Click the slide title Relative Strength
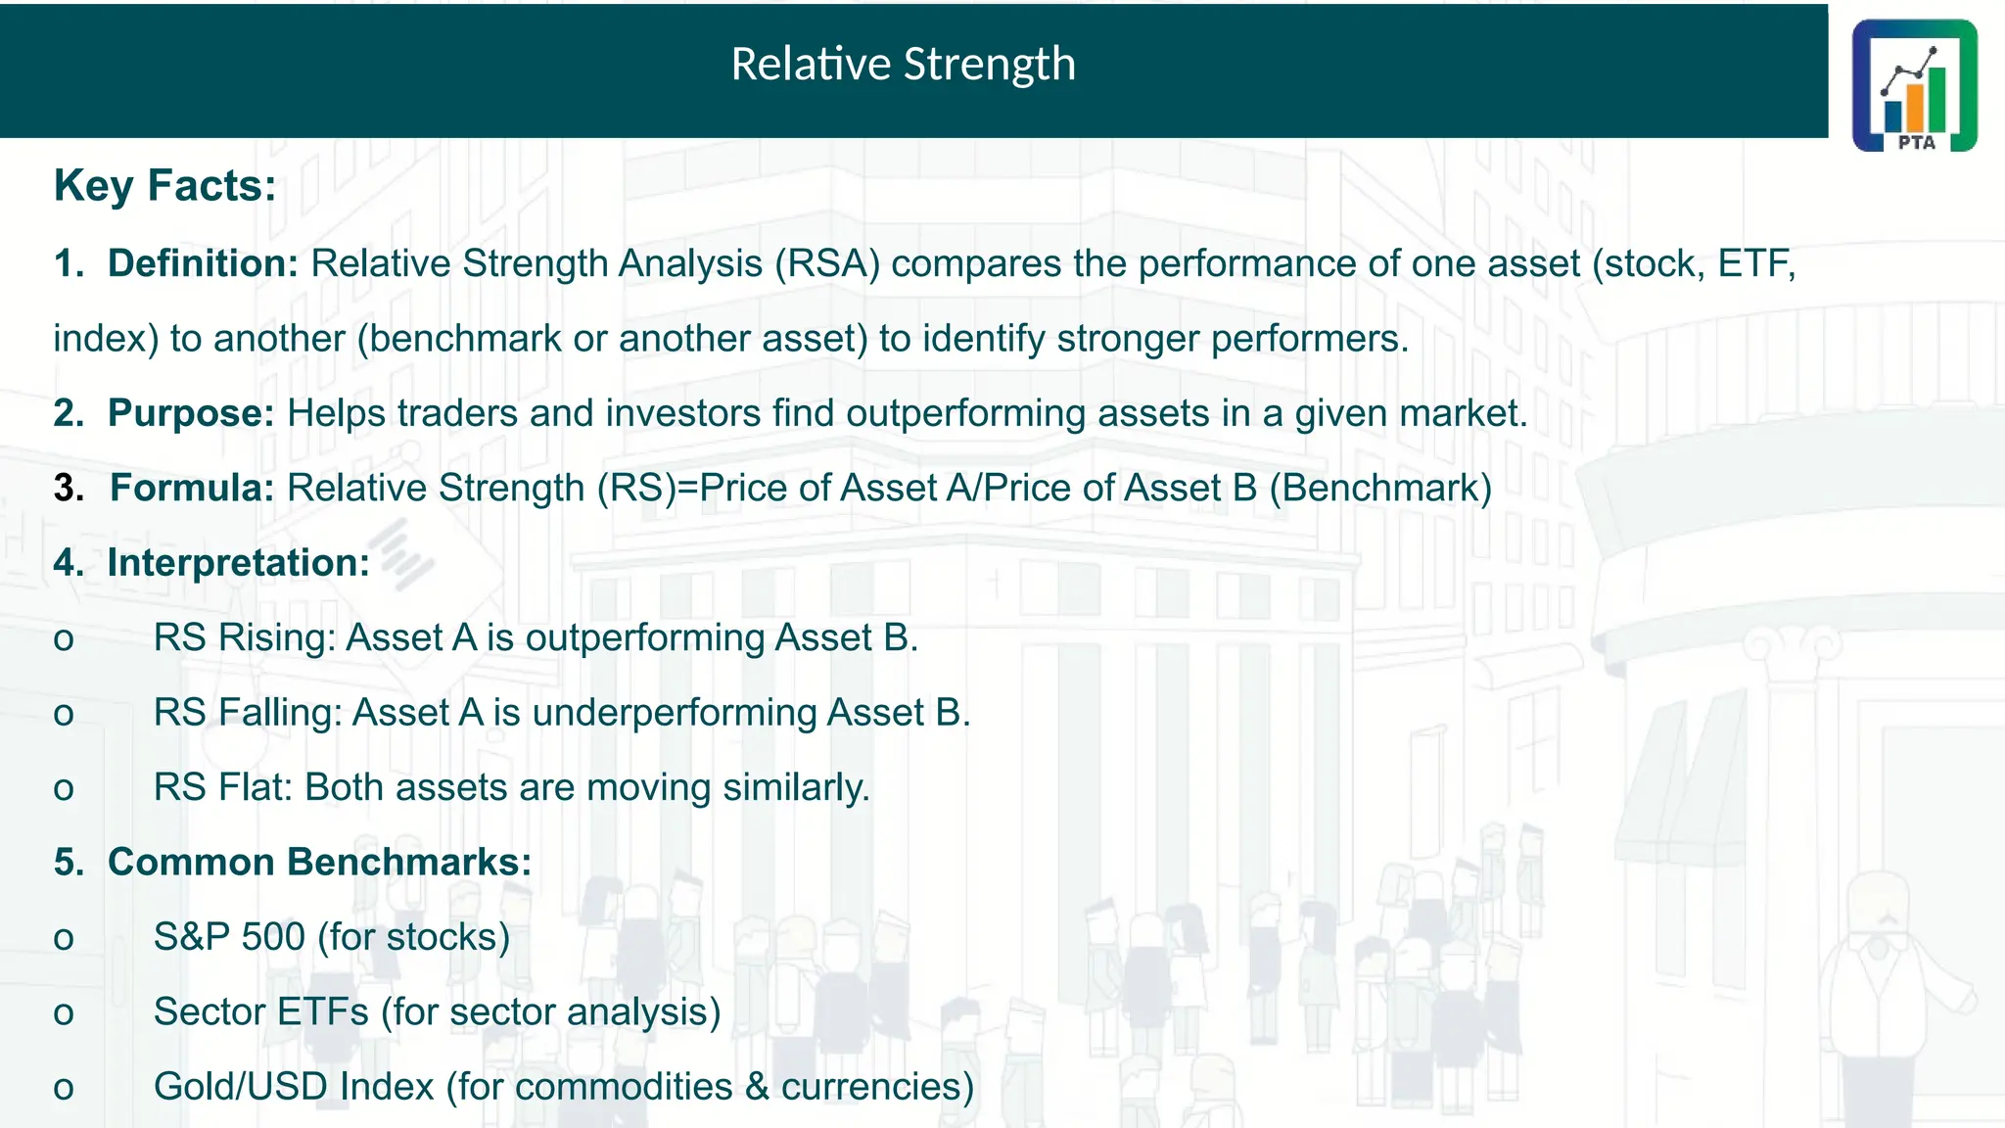(x=903, y=65)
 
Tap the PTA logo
(x=1914, y=86)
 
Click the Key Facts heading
(x=164, y=185)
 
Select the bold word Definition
(x=203, y=263)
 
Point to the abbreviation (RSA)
(x=827, y=263)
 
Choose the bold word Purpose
(x=191, y=413)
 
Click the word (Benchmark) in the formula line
(x=1380, y=488)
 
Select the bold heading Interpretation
(x=238, y=563)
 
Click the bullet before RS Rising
(x=64, y=640)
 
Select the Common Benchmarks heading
(x=319, y=863)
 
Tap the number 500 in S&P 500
(x=273, y=937)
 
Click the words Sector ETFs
(x=260, y=1011)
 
